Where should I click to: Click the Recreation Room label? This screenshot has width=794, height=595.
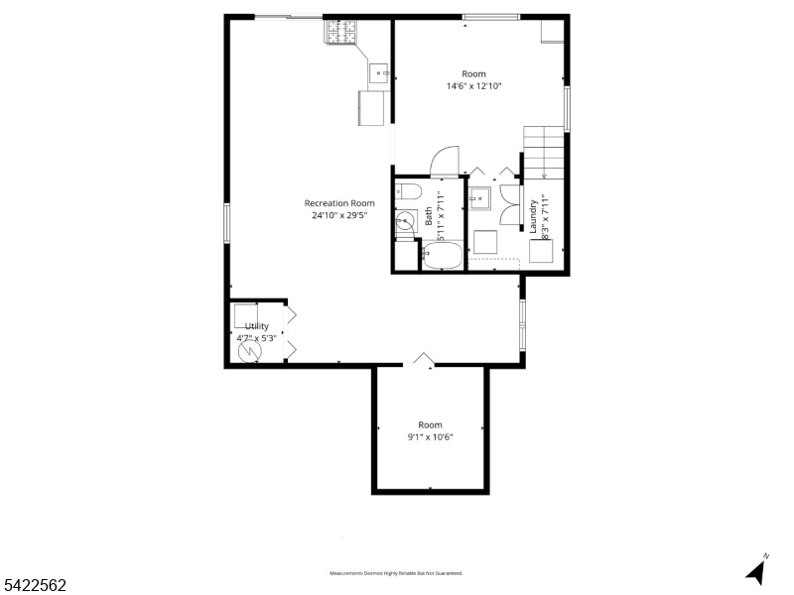click(x=339, y=203)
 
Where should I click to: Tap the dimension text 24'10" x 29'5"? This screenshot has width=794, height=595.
click(x=339, y=215)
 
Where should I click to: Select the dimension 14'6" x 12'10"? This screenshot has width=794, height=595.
click(x=473, y=86)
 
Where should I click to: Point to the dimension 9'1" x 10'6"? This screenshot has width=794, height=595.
click(x=430, y=437)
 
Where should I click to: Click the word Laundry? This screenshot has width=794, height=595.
click(x=533, y=215)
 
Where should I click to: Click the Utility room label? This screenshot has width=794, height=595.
click(x=257, y=326)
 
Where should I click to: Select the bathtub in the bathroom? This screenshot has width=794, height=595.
click(x=441, y=257)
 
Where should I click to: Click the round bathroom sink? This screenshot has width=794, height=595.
click(x=404, y=223)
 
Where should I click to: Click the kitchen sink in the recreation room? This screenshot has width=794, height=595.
click(x=378, y=72)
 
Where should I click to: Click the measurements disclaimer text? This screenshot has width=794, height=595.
click(x=396, y=573)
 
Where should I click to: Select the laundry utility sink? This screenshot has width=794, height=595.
click(x=480, y=198)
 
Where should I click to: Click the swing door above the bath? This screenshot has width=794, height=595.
click(x=446, y=159)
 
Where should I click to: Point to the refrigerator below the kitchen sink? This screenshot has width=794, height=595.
click(x=373, y=107)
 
